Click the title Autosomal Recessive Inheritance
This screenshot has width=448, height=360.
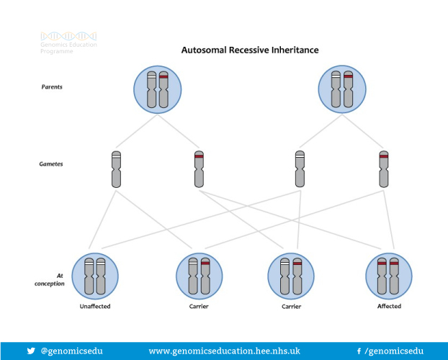250,50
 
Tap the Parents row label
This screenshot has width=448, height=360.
52,87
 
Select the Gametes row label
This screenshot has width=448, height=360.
51,164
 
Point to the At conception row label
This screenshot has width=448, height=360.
50,279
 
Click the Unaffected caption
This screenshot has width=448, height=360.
95,306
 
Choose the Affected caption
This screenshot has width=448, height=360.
389,306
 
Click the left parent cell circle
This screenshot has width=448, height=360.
158,89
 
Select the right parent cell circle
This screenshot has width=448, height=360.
342,89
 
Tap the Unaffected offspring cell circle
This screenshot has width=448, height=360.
95,276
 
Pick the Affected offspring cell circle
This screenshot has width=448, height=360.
389,276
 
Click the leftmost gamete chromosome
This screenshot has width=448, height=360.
116,169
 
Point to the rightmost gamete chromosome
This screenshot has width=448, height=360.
384,169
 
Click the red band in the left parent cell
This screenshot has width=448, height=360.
163,77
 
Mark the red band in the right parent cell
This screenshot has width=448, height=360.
349,76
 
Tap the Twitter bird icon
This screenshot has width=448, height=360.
31,351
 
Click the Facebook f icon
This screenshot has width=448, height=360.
359,351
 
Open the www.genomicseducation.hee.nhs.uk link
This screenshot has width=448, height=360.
224,351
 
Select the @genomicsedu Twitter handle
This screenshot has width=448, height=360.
72,351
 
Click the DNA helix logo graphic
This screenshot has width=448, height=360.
68,36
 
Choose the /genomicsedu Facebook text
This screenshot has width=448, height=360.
394,351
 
